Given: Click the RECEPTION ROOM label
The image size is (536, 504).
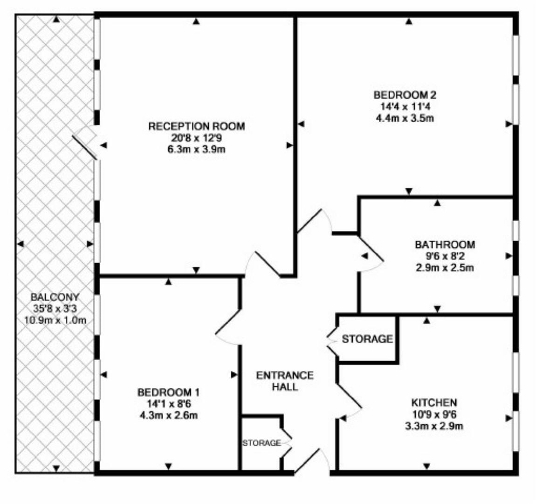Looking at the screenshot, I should click(196, 126).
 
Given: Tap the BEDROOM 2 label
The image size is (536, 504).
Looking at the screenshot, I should click(405, 95).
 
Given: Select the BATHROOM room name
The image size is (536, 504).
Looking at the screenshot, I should click(445, 245).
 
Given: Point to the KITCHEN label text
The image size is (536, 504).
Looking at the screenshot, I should click(433, 402).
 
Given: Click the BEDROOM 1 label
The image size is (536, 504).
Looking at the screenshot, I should click(168, 392).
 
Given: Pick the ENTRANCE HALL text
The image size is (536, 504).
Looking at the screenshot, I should click(285, 381).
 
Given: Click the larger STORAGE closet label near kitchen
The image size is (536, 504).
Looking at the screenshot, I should click(367, 339).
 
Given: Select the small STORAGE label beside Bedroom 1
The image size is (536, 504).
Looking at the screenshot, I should click(261, 442).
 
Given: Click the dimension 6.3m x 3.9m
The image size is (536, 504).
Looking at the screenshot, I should click(196, 149).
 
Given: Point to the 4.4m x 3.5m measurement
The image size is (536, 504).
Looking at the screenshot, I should click(405, 118).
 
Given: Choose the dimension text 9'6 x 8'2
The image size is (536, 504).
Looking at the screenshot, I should click(445, 256).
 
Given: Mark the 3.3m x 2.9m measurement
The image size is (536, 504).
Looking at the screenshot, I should click(433, 426).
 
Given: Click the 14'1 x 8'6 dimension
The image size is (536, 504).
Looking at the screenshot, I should click(168, 403).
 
